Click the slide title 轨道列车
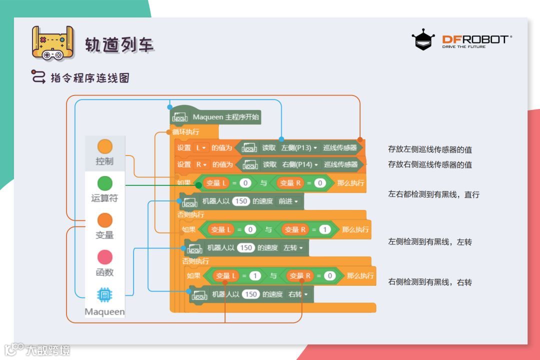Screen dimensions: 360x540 click(x=119, y=44)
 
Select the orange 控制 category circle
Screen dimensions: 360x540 click(x=105, y=146)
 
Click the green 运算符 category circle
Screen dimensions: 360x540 click(x=105, y=183)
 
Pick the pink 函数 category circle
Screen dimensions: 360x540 click(x=105, y=257)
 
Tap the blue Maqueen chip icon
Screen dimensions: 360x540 click(x=105, y=295)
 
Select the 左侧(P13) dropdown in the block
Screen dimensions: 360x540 click(x=299, y=148)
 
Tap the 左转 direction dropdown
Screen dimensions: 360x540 click(x=293, y=248)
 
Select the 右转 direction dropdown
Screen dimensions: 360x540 click(x=298, y=294)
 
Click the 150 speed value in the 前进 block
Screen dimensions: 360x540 click(x=241, y=201)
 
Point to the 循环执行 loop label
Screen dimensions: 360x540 click(x=185, y=132)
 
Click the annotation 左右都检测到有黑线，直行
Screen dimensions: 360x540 click(x=433, y=194)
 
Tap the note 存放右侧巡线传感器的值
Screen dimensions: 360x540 click(x=430, y=164)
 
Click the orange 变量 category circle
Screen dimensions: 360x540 click(x=105, y=220)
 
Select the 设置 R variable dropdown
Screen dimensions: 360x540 click(x=201, y=164)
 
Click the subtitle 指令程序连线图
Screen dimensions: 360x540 click(x=90, y=78)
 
